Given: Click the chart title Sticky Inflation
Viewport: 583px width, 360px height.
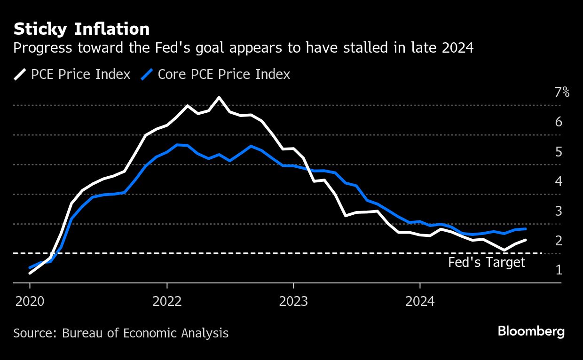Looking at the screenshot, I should click(81, 29).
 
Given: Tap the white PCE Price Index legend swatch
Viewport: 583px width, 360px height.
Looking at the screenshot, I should click(20, 74).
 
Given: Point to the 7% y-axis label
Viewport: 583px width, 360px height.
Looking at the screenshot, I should click(562, 93).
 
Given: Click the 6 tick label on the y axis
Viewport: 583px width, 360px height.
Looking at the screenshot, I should click(559, 122).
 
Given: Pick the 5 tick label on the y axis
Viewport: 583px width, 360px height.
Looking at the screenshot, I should click(559, 152).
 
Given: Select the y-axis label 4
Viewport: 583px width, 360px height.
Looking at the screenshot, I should click(559, 181).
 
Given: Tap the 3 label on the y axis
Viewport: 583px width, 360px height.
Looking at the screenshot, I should click(559, 211).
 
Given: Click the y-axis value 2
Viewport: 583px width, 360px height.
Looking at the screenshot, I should click(559, 241).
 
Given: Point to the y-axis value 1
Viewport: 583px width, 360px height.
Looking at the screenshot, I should click(559, 270).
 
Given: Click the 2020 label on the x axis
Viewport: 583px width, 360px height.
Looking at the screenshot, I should click(30, 301).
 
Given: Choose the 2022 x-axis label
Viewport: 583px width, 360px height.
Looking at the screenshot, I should click(167, 301).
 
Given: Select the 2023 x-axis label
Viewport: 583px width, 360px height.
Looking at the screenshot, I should click(293, 301).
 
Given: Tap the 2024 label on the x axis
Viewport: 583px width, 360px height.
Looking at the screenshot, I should click(420, 301).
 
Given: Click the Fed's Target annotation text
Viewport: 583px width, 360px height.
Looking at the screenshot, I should click(486, 262).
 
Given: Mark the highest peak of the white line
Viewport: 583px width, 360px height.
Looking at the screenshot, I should click(219, 97).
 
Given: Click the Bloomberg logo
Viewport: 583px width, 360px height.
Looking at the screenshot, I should click(531, 331).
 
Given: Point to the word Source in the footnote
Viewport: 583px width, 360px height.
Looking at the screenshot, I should click(34, 333).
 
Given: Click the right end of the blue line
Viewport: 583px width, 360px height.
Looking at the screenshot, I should click(525, 229).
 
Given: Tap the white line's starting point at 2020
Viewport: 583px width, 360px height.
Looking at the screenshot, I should click(30, 273).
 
